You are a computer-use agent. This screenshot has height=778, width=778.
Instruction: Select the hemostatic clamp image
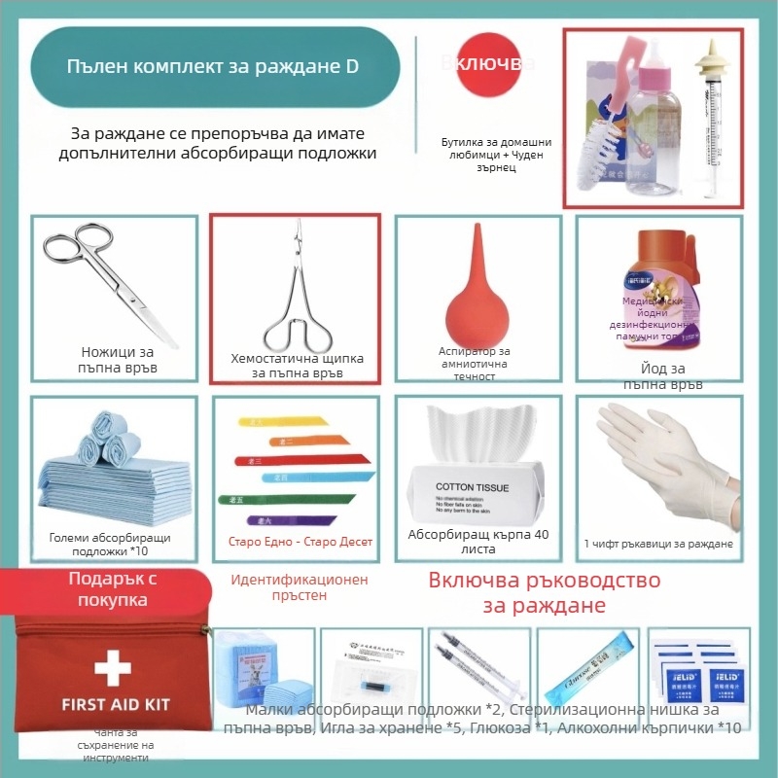298,292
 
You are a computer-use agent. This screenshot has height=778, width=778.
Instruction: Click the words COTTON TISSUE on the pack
472,486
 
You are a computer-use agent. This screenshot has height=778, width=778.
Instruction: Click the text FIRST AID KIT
116,703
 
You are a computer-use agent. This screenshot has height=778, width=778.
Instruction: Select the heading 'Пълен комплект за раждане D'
212,67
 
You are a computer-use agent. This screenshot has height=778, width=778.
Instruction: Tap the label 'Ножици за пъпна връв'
117,361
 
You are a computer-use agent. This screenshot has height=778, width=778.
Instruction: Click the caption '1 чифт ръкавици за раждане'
658,543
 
